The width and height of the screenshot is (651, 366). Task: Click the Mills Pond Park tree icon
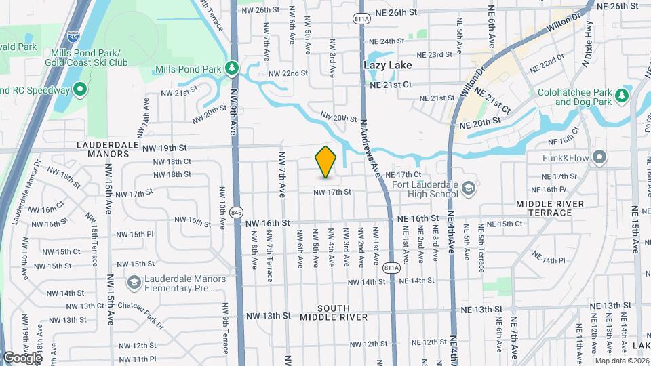[233, 68]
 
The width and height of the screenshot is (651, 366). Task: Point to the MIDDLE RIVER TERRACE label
[554, 208]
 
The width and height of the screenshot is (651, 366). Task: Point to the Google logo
[23, 357]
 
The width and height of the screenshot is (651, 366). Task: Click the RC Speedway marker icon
[79, 89]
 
